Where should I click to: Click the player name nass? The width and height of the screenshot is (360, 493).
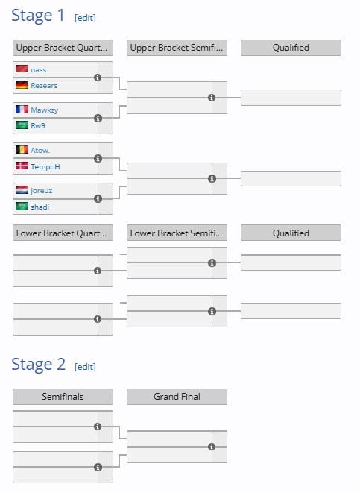38,70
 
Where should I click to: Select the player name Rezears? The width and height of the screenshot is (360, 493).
44,85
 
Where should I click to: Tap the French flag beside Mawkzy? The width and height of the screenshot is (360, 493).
22,110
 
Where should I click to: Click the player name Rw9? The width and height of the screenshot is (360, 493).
38,125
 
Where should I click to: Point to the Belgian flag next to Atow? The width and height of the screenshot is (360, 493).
22,150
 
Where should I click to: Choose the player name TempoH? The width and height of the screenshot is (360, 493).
45,166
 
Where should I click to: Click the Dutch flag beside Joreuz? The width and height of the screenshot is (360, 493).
22,190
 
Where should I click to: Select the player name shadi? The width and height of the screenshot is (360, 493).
40,207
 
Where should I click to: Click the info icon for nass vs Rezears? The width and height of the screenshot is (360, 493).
98,78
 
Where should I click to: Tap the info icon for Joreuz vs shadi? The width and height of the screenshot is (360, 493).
98,198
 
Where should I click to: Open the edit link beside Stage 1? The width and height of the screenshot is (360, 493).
85,18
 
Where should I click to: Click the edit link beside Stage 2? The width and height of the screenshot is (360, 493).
85,367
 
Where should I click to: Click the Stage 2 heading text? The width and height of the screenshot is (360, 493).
38,364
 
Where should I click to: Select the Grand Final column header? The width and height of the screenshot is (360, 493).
177,397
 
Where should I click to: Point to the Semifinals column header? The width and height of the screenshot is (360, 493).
63,397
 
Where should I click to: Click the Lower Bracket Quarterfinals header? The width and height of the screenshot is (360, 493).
63,233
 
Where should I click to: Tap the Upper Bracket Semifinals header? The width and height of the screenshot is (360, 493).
177,48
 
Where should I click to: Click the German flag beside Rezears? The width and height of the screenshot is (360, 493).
22,85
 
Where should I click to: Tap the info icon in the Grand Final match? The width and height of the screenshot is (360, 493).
212,447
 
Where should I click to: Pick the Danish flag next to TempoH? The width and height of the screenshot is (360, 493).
22,166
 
